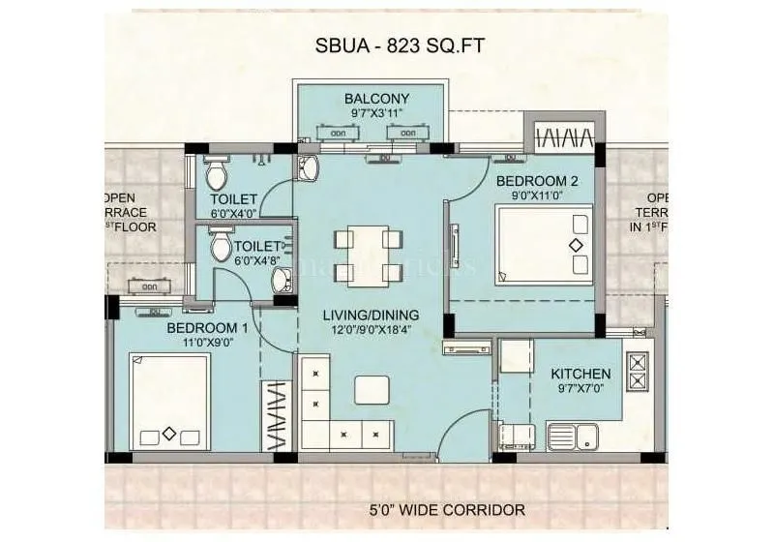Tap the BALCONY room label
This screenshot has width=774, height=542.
pyautogui.click(x=376, y=99)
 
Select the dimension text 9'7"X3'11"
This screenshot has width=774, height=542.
pyautogui.click(x=376, y=114)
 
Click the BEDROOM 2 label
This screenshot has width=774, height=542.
pyautogui.click(x=537, y=181)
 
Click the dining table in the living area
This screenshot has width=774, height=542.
pyautogui.click(x=368, y=256)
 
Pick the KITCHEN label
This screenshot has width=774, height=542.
pyautogui.click(x=580, y=374)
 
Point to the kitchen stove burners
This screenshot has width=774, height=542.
pyautogui.click(x=639, y=376)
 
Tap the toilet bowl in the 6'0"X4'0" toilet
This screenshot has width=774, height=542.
pyautogui.click(x=220, y=174)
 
